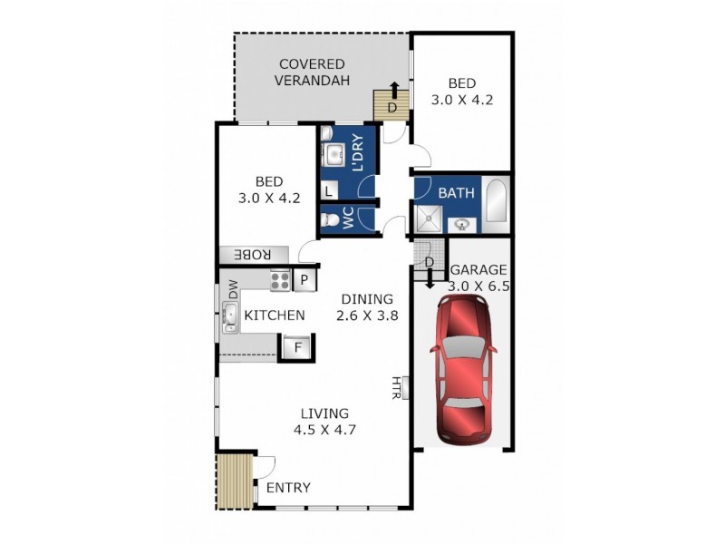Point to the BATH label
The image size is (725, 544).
(x=456, y=193)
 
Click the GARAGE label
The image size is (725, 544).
(x=479, y=269)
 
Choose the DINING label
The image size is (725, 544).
(x=367, y=299)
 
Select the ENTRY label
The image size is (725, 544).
(x=288, y=488)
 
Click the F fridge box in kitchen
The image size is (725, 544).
(x=295, y=346)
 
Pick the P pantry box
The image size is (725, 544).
(x=304, y=280)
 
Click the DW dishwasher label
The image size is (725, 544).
(x=233, y=289)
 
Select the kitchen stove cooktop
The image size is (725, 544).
(x=280, y=280)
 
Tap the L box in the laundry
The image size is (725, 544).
(x=327, y=190)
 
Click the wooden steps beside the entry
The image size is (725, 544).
(x=233, y=481)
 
